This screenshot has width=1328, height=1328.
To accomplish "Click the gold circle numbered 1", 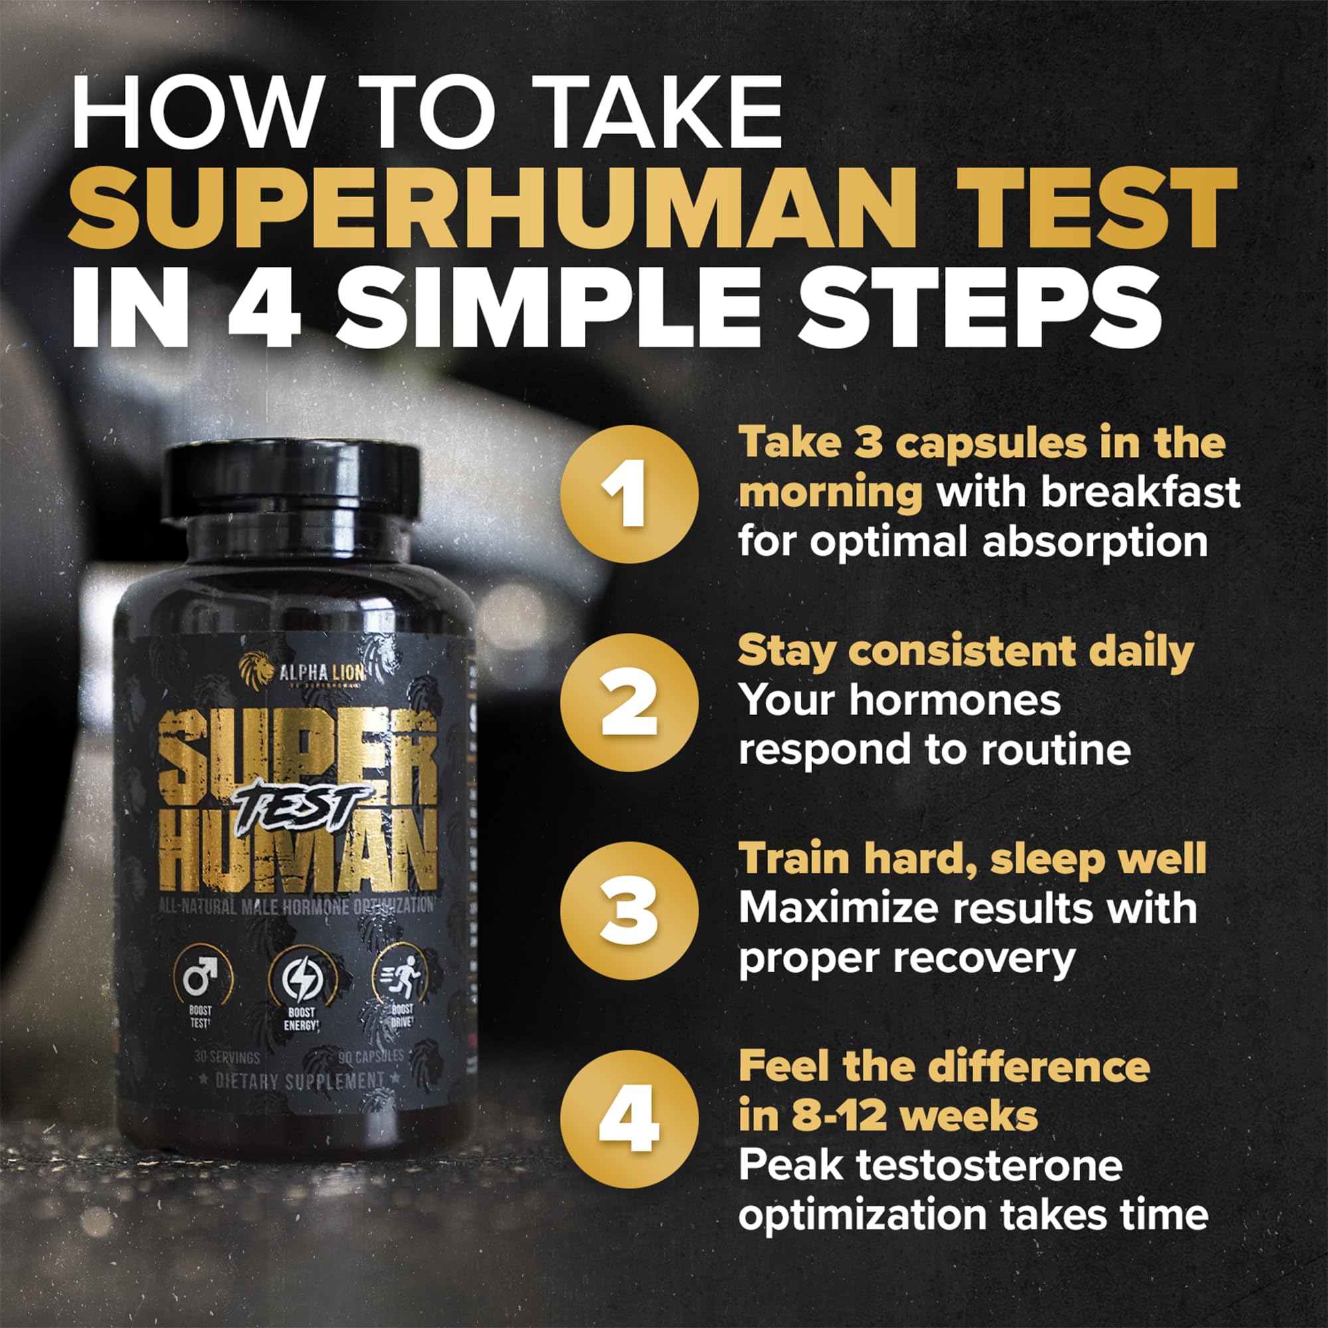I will [628, 493].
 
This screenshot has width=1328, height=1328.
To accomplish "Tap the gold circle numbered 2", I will [628, 702].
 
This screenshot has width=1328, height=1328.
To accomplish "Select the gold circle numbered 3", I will [628, 910].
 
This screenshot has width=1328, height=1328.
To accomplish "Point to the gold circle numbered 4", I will [628, 1118].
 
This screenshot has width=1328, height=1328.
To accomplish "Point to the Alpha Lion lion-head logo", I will [256, 670].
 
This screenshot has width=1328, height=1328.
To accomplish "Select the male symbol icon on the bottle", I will [200, 977].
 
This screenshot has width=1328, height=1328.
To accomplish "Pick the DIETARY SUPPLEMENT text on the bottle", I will [299, 1081].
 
